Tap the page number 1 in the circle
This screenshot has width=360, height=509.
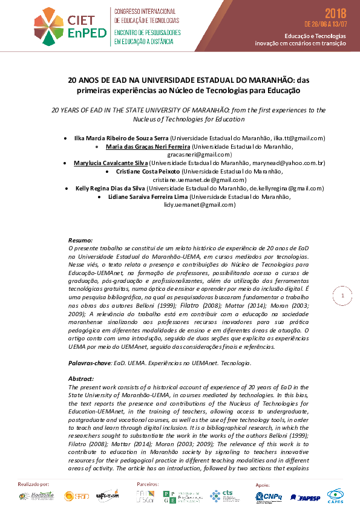point(342,296)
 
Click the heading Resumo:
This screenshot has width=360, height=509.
point(80,240)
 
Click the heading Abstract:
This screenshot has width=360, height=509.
point(82,378)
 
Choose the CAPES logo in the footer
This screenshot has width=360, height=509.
point(336,496)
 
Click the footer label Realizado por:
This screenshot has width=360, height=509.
point(34,484)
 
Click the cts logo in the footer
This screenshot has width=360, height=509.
point(222,496)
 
